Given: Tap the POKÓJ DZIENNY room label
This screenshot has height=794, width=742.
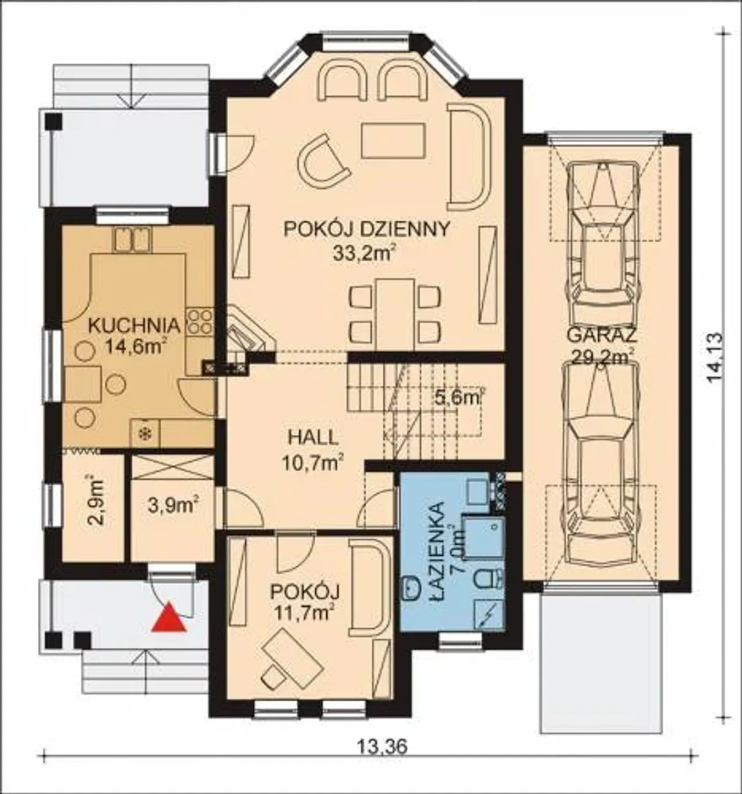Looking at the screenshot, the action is click(x=367, y=230).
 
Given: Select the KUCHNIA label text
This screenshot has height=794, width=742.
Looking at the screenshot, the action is click(x=134, y=325).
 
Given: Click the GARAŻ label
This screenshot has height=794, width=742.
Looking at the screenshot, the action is click(x=602, y=336).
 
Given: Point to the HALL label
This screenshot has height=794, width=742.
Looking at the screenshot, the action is click(x=313, y=438).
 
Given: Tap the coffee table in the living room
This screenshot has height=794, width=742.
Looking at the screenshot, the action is click(x=393, y=140).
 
